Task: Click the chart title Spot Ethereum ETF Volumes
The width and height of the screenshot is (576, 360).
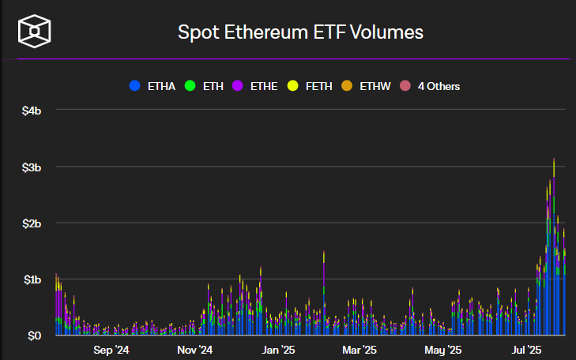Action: point(300,32)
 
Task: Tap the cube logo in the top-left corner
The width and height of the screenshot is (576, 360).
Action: point(35,32)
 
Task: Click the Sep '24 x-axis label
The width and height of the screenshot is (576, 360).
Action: point(111,349)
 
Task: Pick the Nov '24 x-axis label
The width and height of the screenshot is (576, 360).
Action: point(194,349)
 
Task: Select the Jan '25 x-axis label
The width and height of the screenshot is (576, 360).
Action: point(277,349)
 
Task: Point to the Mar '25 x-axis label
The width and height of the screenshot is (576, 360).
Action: point(360,349)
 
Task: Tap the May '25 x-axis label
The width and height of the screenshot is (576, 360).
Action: point(442,349)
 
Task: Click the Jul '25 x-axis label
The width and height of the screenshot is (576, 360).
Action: point(525,349)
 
